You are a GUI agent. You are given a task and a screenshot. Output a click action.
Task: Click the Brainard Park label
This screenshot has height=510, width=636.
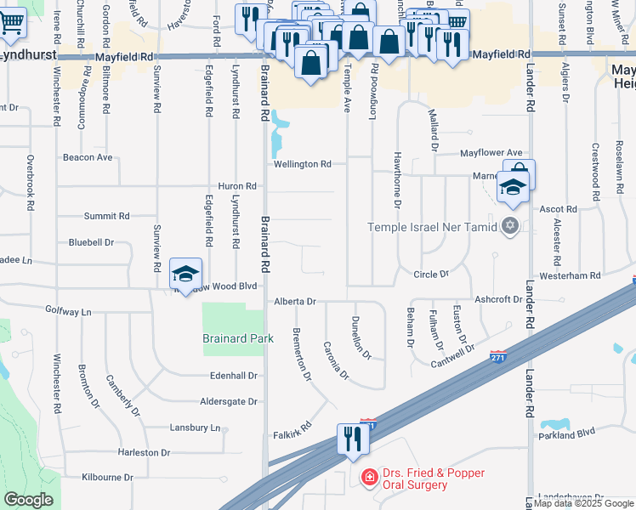tap(238, 337)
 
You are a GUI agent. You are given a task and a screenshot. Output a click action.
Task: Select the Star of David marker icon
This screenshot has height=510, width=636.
tap(510, 225)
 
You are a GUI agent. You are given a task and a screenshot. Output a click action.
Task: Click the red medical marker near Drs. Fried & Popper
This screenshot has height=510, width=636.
tap(368, 478)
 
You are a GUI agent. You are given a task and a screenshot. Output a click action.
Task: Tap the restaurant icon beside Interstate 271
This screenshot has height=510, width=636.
tap(350, 439)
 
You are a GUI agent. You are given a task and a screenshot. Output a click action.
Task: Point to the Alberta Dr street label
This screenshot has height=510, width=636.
tap(294, 301)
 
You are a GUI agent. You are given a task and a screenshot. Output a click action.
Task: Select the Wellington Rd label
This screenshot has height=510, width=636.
tap(302, 164)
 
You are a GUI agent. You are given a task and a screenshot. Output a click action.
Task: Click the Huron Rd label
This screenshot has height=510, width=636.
tap(238, 186)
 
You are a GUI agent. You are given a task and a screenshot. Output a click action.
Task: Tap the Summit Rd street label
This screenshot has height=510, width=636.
tap(106, 216)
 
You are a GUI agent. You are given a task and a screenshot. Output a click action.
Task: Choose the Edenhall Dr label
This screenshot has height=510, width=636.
tap(234, 375)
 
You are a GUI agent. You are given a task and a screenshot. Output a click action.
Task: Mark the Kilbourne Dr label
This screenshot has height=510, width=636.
tap(107, 478)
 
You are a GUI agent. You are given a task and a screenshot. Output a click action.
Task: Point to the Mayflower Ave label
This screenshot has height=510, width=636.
tap(491, 153)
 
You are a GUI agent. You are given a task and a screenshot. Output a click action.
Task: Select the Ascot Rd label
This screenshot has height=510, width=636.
tap(559, 208)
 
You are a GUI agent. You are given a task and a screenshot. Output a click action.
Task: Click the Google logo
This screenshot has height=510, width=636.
tap(29, 500)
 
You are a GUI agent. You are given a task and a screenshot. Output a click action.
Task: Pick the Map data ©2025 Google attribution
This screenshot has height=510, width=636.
tap(583, 504)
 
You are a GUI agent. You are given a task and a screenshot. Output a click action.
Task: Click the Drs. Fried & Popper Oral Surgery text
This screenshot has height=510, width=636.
tap(414, 479)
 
